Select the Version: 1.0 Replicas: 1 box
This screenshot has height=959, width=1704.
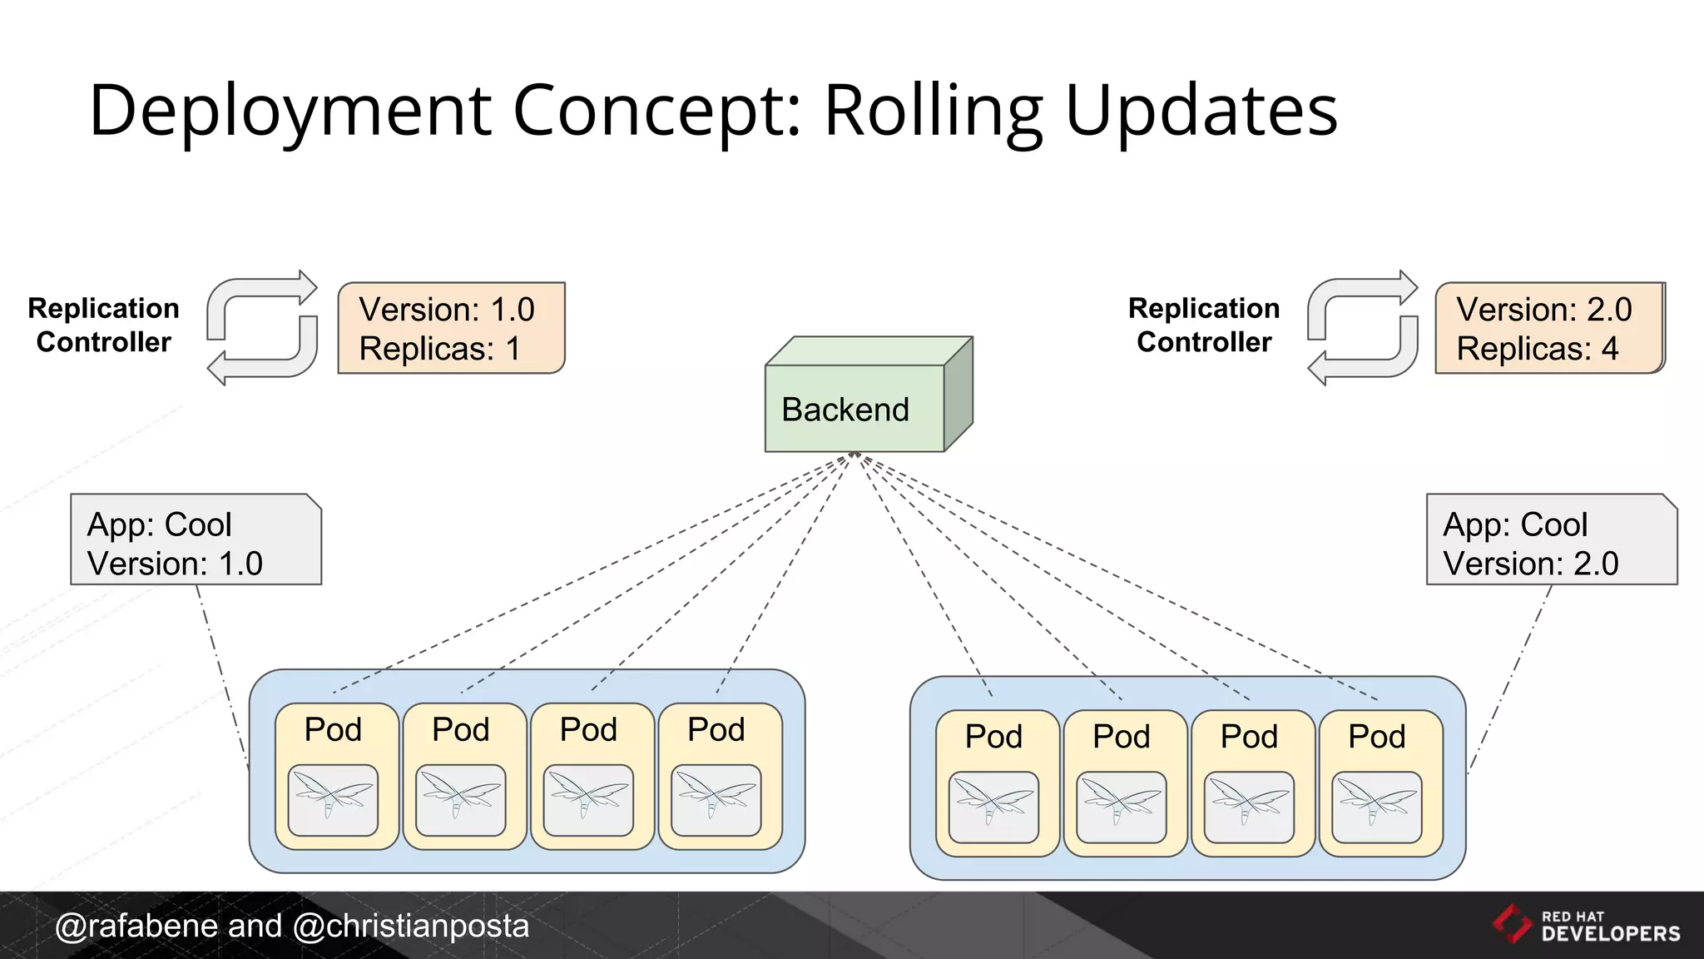451,328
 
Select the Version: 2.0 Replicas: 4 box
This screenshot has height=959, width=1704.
1548,328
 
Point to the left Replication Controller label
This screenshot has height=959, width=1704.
103,325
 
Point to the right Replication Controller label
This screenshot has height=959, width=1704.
1203,325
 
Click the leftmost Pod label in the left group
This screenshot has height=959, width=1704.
333,730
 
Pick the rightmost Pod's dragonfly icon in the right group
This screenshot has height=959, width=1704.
1376,807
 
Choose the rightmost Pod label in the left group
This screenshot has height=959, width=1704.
716,730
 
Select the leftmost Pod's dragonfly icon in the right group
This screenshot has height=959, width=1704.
993,807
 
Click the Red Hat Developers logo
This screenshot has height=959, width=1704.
1586,926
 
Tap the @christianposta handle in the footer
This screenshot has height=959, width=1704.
411,927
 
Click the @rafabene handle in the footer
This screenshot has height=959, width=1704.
136,927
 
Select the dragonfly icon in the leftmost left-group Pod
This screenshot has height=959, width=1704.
333,800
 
